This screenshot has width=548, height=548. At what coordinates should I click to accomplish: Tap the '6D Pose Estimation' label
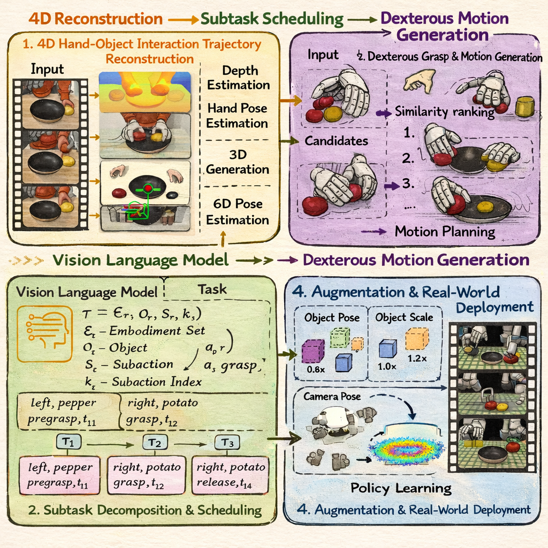point(238,213)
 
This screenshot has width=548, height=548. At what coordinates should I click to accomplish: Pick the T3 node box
point(227,443)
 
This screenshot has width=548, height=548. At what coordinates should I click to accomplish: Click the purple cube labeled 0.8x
point(313,351)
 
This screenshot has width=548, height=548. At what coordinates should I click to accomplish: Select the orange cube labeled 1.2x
point(417,339)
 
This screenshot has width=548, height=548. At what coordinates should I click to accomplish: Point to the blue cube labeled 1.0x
point(387,349)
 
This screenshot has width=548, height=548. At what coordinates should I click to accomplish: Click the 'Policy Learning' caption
point(401,488)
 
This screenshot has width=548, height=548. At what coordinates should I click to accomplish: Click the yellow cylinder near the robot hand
point(524,106)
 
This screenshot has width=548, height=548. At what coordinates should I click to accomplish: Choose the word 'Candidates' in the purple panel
point(337,141)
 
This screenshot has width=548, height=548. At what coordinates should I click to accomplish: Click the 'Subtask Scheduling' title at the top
point(272,19)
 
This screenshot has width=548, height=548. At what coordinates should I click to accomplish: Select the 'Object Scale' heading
point(404,317)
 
